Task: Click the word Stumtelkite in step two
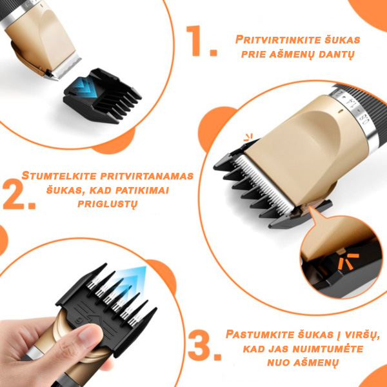(x=59, y=176)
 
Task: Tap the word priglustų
(x=107, y=204)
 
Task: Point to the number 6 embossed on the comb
(x=78, y=320)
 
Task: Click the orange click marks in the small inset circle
(x=348, y=261)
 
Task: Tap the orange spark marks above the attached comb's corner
(x=248, y=137)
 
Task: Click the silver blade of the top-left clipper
(x=65, y=67)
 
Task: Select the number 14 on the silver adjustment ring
(x=349, y=102)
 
